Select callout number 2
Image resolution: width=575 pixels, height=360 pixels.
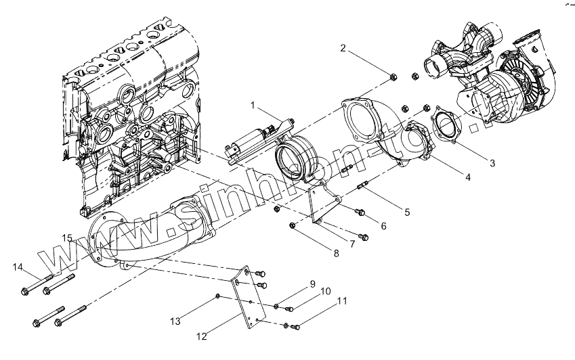coord(343,48)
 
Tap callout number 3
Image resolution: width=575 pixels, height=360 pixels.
coord(492,162)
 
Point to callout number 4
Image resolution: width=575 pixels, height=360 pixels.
coord(467,177)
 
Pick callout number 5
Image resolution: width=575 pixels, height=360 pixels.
coord(407,212)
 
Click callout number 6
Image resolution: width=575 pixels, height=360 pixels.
coord(383,225)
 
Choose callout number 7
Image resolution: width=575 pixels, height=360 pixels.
coord(352,242)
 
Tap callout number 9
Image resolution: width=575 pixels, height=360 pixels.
coord(312,284)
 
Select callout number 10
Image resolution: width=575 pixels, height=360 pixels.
coord(325,292)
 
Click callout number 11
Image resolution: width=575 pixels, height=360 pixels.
coord(343,300)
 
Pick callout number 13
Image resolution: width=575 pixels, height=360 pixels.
coord(175,321)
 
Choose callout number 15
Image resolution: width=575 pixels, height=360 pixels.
coord(67,238)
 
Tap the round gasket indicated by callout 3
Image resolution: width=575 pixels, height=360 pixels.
coord(445,127)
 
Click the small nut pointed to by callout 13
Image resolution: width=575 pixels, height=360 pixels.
coord(216,296)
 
